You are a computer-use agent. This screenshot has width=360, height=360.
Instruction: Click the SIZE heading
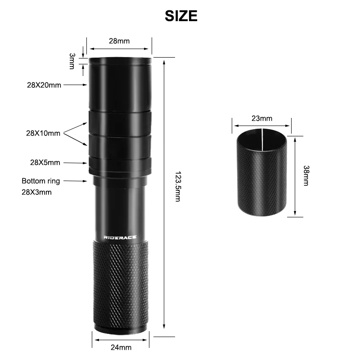(x=181, y=16)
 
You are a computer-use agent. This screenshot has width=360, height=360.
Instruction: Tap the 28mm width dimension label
(x=119, y=41)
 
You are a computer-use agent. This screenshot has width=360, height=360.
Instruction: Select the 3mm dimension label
(x=72, y=61)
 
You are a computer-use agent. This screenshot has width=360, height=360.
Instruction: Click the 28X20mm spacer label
(x=44, y=85)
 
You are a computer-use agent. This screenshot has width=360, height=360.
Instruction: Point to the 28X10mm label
(x=43, y=133)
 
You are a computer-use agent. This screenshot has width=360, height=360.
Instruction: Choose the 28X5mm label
(x=45, y=162)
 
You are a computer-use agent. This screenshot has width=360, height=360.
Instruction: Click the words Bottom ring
(x=41, y=181)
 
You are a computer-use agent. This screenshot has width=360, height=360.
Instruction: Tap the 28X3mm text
(x=37, y=192)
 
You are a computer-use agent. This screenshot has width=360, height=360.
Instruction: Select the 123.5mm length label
(x=178, y=186)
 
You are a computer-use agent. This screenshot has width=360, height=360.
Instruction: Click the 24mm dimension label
(x=121, y=347)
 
